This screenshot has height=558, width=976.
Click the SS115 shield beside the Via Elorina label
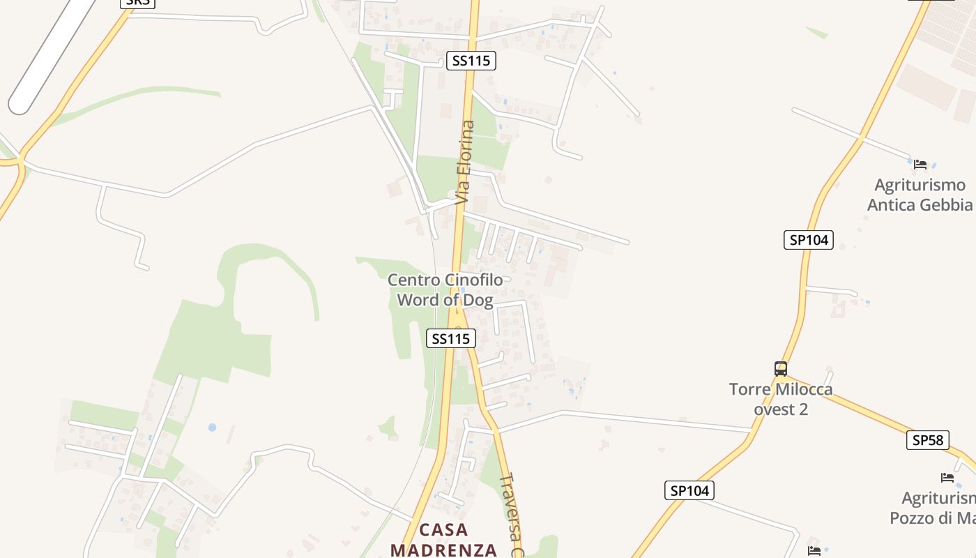[x=471, y=61]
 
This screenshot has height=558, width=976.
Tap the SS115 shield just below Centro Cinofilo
[x=450, y=338]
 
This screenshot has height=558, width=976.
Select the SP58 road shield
[x=927, y=440]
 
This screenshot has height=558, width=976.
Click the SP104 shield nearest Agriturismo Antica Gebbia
[x=808, y=240]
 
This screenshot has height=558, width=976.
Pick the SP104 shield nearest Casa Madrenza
[x=689, y=490]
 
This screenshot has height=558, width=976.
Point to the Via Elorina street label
[x=465, y=163]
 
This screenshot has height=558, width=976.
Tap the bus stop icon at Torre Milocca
[x=781, y=368]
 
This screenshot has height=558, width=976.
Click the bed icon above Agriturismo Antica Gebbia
[x=920, y=165]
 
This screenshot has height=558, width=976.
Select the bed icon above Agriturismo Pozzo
[x=947, y=478]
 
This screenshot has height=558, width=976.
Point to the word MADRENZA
[x=443, y=550]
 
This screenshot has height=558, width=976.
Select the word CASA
[x=443, y=529]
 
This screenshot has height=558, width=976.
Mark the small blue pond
[x=212, y=427]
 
